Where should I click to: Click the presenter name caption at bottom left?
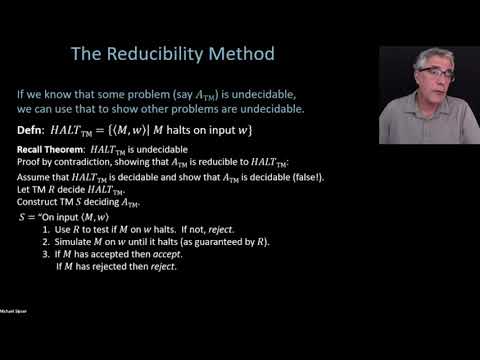click(14, 339)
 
